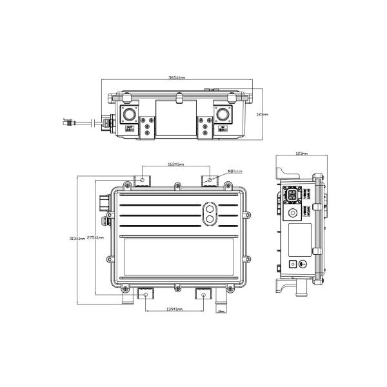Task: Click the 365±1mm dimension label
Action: (177, 77)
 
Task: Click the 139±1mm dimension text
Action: (175, 310)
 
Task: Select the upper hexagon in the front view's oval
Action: (209, 209)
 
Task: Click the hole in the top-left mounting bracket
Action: (143, 178)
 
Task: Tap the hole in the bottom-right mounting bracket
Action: (204, 294)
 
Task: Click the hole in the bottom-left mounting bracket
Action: (146, 294)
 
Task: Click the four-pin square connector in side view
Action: (292, 194)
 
